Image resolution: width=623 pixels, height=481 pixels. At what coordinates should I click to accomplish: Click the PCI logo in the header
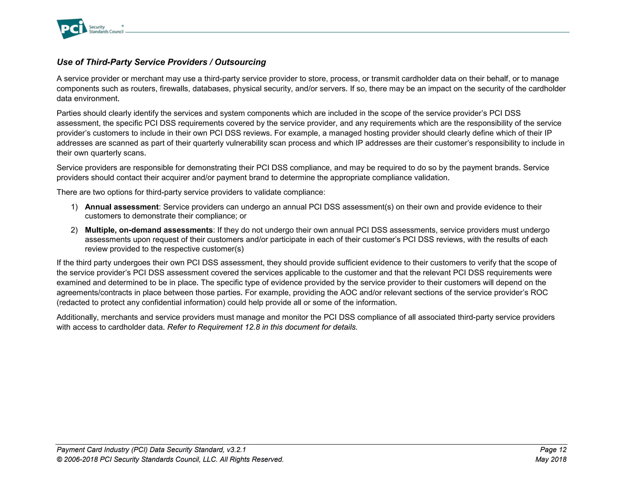[72, 29]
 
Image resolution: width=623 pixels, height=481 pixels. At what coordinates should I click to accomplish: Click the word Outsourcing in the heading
[240, 62]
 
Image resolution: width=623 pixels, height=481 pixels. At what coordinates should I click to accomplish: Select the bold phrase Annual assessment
[122, 207]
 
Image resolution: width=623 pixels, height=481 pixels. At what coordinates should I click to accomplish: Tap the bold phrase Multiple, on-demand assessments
[148, 230]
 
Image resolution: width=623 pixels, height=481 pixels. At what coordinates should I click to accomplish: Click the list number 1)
[74, 207]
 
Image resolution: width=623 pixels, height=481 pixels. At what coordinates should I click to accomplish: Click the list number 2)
[74, 230]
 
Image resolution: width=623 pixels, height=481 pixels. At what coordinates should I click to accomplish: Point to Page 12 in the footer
[553, 450]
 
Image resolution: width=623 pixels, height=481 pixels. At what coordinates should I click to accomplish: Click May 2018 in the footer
[551, 459]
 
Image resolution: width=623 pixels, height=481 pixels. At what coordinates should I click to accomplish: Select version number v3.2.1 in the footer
[236, 450]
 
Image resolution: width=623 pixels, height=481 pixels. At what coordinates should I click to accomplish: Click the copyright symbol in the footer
[60, 459]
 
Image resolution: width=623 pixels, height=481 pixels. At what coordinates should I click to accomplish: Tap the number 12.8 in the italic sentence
[252, 327]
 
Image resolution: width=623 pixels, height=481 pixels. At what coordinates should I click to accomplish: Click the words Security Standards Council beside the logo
[106, 29]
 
